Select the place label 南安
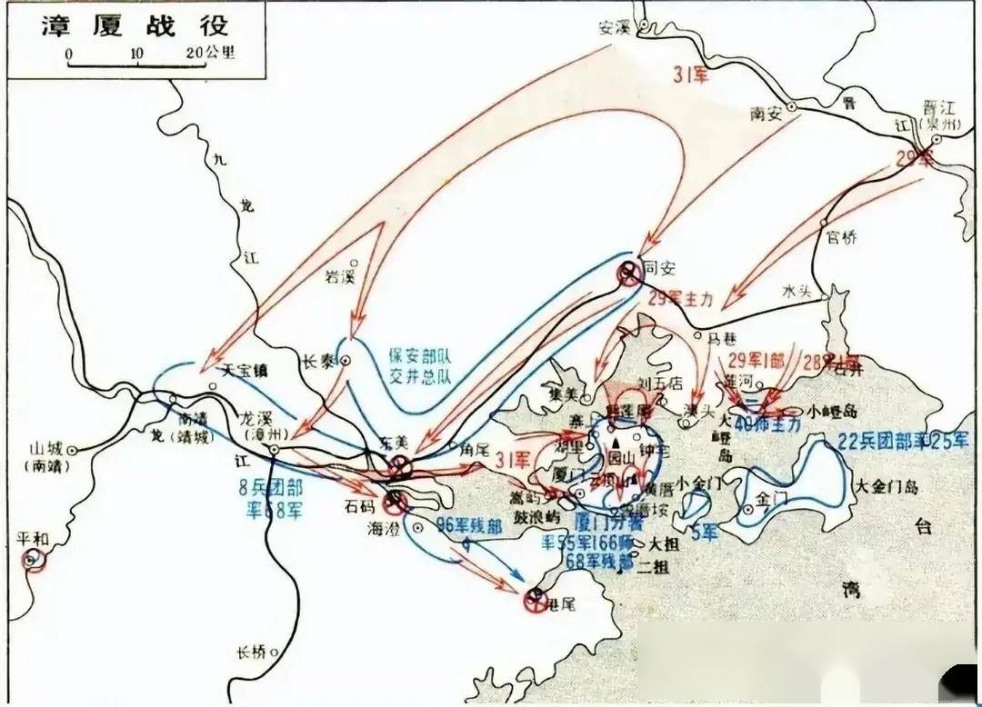(x=767, y=114)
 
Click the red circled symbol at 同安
(x=628, y=272)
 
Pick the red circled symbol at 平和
(x=35, y=560)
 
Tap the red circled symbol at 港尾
(x=536, y=599)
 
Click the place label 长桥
(x=251, y=652)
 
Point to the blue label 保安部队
(x=420, y=355)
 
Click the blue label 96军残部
(x=469, y=524)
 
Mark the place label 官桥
(x=842, y=238)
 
